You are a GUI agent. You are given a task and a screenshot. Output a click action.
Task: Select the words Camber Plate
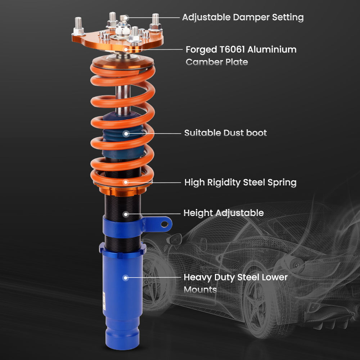point(217,62)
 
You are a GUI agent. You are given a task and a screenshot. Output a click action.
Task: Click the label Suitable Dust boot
point(225,133)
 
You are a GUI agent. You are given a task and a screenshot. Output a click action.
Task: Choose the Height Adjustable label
point(223,213)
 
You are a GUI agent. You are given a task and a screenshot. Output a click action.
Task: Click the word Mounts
point(200,289)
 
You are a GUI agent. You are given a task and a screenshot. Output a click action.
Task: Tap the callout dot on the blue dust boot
point(126,134)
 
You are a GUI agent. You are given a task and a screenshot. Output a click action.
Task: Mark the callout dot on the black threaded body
point(125,214)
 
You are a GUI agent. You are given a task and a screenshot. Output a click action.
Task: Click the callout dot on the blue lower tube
point(125,278)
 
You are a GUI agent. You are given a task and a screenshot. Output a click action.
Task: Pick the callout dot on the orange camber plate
point(126,49)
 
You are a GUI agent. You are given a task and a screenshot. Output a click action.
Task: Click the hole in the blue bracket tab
point(165,224)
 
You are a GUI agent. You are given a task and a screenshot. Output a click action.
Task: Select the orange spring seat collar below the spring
point(122,190)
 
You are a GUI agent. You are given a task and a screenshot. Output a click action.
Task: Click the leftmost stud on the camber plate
point(79,25)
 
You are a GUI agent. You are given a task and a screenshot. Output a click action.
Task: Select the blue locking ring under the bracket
point(122,248)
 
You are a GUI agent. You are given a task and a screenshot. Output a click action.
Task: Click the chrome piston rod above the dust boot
point(123,97)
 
